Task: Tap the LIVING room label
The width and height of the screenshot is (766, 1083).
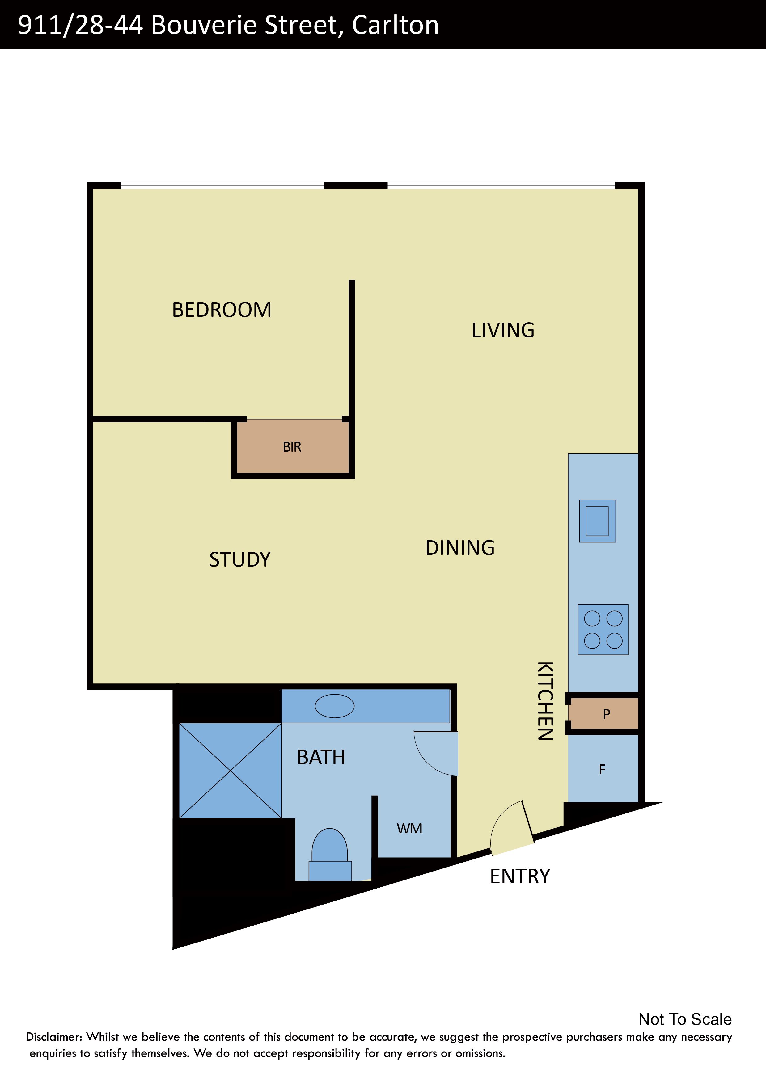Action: [x=503, y=330]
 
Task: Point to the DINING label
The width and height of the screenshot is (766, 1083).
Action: [x=460, y=548]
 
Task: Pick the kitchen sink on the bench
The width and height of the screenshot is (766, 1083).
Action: [x=598, y=521]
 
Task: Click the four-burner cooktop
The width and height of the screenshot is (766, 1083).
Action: [x=603, y=630]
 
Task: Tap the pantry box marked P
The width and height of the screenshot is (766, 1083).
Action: [x=603, y=714]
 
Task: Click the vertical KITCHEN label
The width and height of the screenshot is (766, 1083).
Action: [x=545, y=701]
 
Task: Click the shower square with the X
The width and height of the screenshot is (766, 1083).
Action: [x=230, y=771]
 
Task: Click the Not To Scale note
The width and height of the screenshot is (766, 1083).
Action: [x=685, y=1019]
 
